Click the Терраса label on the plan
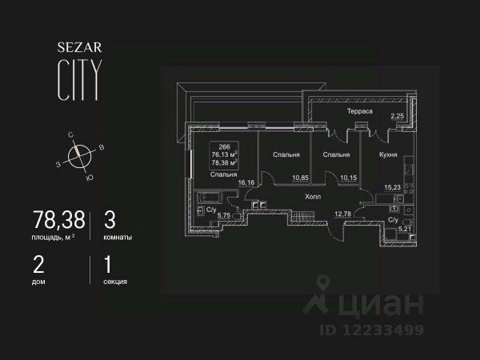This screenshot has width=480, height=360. (361, 112)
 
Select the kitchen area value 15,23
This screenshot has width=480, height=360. (392, 189)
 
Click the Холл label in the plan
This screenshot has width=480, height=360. (312, 194)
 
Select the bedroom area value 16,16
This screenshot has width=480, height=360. (245, 182)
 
